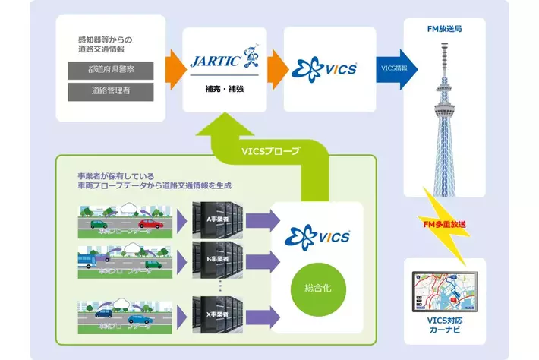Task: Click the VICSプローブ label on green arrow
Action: pyautogui.click(x=271, y=150)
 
